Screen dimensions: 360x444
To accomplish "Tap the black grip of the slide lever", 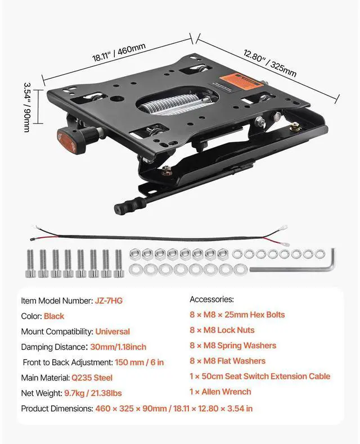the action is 126,206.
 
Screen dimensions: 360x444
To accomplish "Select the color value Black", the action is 54,316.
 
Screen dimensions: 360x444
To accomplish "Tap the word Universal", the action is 112,332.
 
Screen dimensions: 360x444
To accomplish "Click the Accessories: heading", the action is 211,300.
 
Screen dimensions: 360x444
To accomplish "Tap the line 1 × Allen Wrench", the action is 220,392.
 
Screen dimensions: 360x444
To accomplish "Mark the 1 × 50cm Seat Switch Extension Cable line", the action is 260,376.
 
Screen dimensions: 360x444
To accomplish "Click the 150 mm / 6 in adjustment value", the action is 139,363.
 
